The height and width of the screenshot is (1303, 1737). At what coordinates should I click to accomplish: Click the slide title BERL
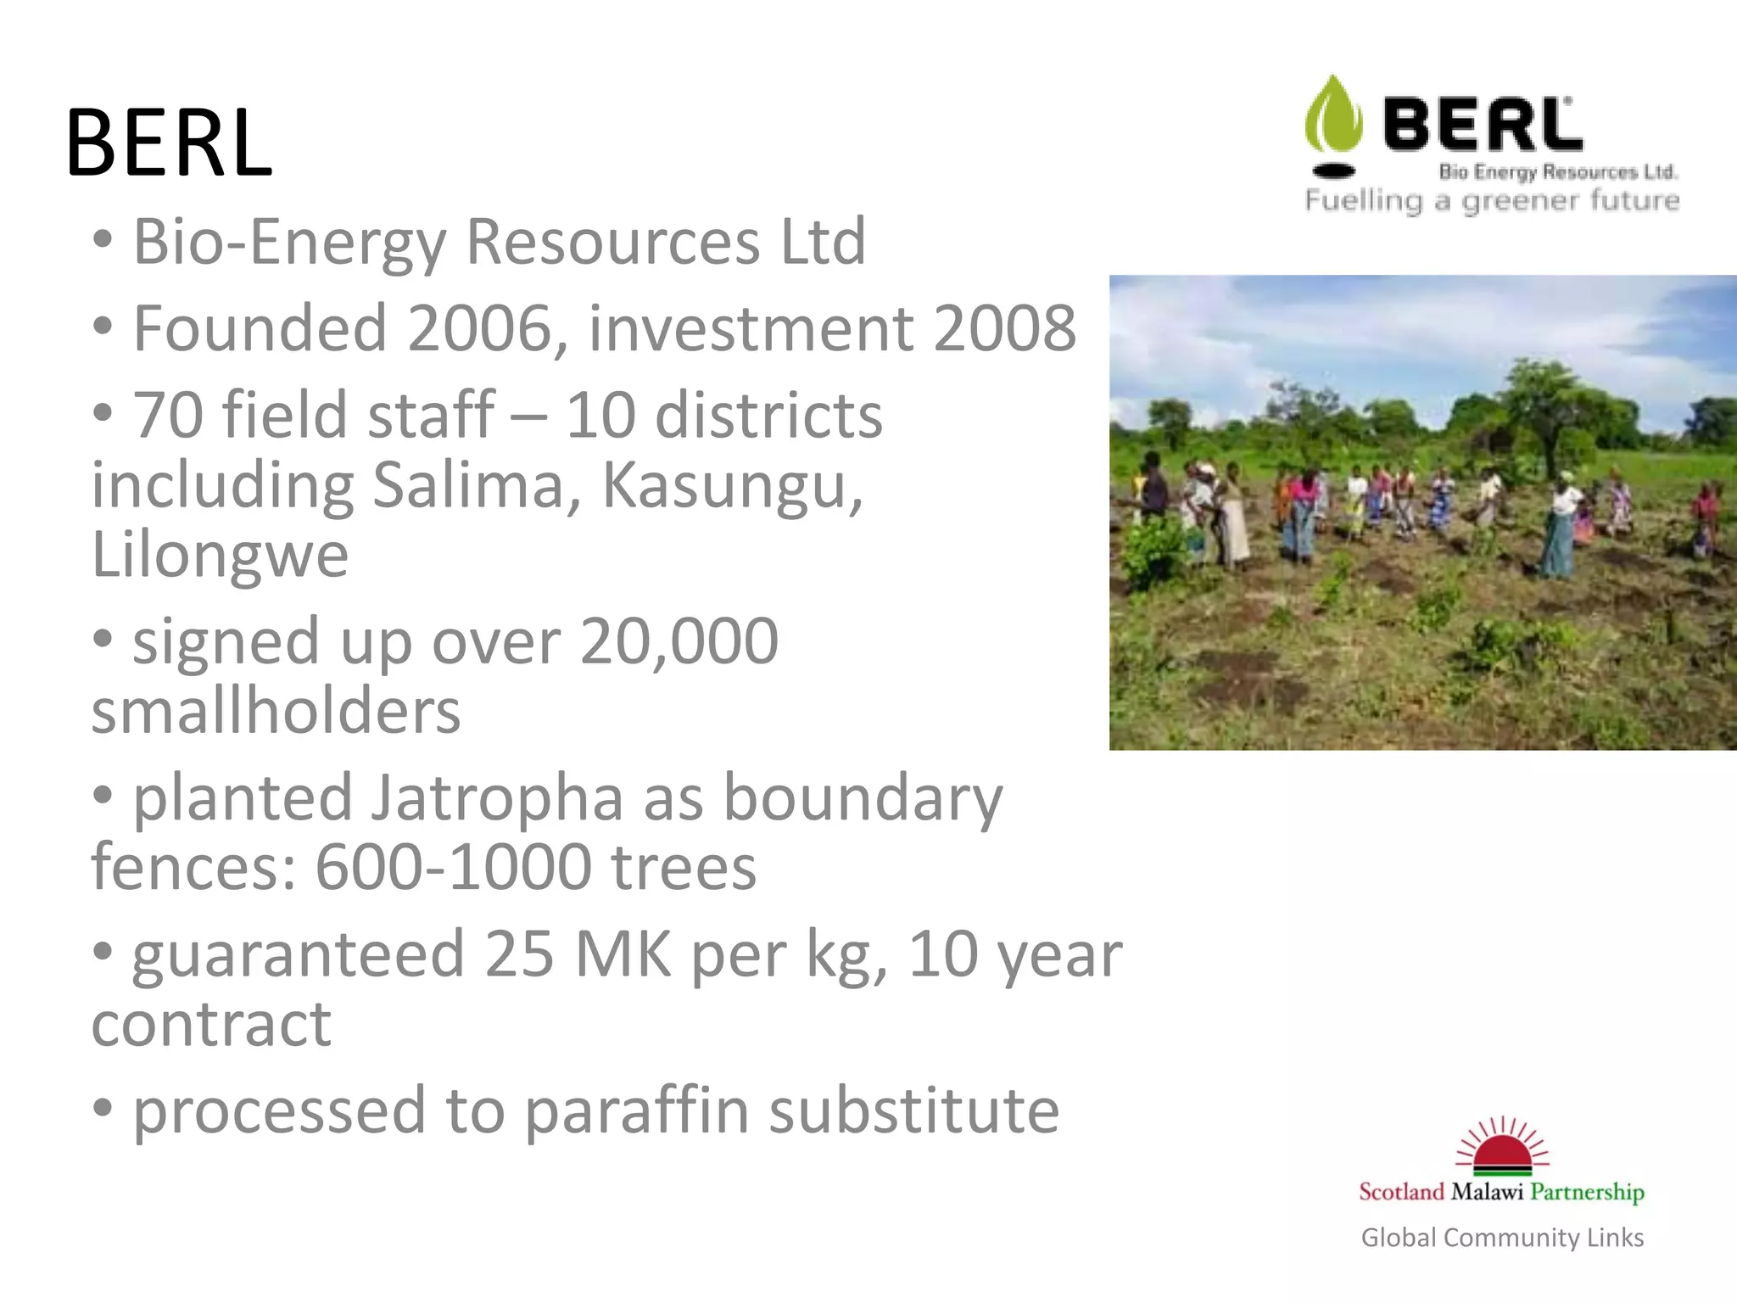coord(169,143)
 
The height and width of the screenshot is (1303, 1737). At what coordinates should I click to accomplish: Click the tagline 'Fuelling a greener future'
coord(1492,201)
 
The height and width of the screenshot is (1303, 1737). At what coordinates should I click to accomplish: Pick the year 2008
coord(1004,328)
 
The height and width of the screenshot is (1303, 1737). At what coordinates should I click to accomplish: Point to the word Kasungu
coord(732,485)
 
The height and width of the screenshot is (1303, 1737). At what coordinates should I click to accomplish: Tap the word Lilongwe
coord(220,556)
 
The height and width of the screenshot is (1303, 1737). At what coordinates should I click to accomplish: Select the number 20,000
coord(679,641)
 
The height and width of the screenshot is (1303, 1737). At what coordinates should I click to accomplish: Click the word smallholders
coord(276,711)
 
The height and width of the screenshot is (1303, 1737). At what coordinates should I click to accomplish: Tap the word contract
coord(211,1025)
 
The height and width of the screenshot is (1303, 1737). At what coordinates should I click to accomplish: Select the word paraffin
coord(636,1111)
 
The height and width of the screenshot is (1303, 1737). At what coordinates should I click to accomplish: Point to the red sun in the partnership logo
coord(1502,1155)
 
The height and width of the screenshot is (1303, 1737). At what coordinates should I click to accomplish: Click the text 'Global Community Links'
coord(1502,1238)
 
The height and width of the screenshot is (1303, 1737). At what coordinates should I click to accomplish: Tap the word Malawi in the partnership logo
coord(1487,1192)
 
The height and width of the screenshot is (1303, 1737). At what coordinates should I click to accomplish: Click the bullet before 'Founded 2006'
coord(103,326)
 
